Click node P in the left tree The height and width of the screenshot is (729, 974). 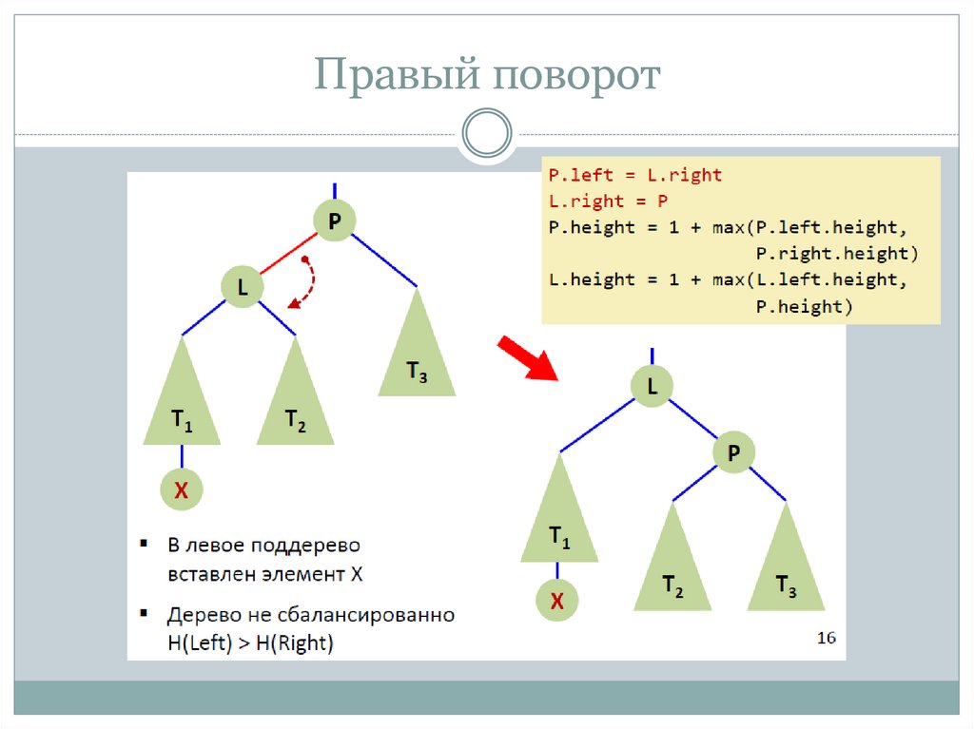334,221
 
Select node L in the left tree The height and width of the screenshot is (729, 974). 242,286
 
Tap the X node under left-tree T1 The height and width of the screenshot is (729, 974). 181,490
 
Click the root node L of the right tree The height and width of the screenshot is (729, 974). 653,386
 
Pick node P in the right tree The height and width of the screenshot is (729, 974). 732,453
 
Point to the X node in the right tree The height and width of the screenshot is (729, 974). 557,600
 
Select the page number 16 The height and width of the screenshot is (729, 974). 826,638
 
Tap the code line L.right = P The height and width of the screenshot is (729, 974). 608,201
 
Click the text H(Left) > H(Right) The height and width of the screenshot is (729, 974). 250,643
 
